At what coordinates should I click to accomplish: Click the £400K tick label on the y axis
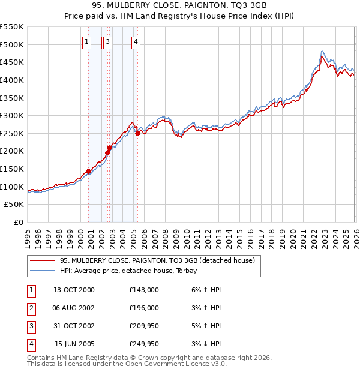point(12,80)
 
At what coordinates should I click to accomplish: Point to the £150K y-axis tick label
point(12,169)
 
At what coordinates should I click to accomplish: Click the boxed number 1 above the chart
point(87,41)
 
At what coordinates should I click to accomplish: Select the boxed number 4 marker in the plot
point(136,41)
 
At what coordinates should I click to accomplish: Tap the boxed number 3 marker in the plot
point(107,41)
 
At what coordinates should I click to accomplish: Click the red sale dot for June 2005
point(138,133)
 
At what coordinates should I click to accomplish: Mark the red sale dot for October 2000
point(88,171)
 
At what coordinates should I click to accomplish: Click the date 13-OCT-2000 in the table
point(74,290)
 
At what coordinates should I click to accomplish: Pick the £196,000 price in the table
point(144,308)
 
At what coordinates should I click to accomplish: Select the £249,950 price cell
point(144,344)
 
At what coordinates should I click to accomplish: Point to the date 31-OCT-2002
point(74,326)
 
